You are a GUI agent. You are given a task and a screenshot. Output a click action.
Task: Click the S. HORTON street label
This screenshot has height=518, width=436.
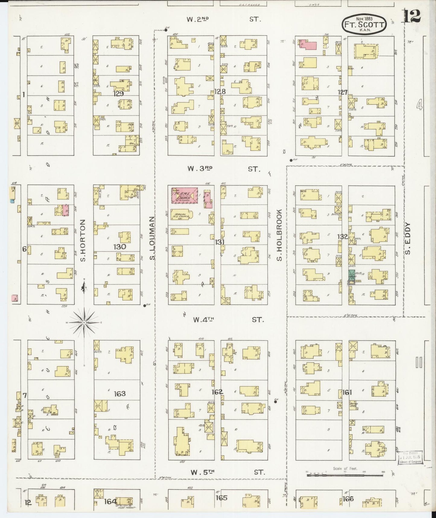(x=83, y=241)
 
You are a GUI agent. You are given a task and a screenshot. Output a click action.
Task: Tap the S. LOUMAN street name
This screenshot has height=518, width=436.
(x=152, y=238)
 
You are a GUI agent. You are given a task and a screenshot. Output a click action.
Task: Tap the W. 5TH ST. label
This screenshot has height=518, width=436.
(x=228, y=472)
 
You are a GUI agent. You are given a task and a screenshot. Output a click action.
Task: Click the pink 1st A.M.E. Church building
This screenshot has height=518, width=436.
(x=185, y=195)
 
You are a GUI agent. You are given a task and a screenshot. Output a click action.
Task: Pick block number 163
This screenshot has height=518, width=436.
(x=119, y=393)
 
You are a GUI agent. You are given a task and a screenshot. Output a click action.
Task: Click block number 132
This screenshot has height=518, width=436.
(x=342, y=237)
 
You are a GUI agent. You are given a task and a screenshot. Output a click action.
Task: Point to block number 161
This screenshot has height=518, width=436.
(x=347, y=392)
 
